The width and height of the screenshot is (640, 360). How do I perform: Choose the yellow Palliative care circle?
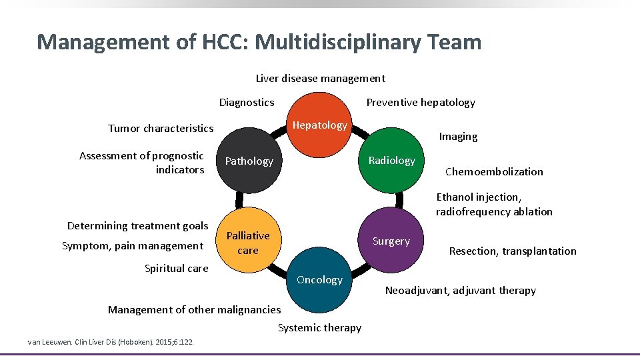coord(248,243)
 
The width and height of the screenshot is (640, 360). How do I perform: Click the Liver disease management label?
coord(320,79)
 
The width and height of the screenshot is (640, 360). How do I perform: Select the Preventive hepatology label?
coord(421,103)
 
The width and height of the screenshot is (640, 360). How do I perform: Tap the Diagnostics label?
coord(247,103)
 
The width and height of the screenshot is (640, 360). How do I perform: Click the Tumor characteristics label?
coord(161,129)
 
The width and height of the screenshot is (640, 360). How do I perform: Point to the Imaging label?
coord(458,137)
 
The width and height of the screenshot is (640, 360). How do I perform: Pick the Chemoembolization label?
coord(494,172)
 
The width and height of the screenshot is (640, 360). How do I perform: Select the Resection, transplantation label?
coord(513,251)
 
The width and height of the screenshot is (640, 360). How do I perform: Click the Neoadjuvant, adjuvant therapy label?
coord(461,291)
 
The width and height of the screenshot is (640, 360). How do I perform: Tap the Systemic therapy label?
coord(319,328)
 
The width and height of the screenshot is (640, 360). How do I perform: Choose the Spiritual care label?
coord(176,269)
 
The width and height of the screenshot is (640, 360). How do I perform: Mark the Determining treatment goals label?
coord(138,226)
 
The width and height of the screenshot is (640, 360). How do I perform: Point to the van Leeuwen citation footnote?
coord(110,342)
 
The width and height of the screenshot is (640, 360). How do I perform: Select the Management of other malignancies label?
coord(194,310)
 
